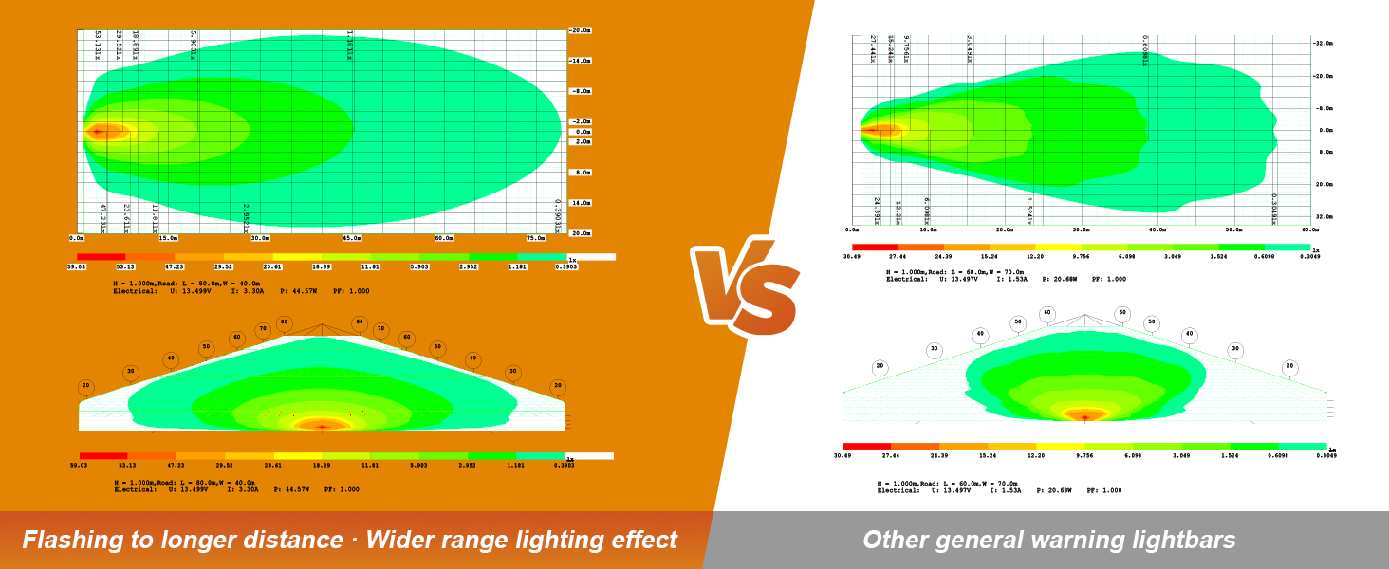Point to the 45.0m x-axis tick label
coord(352,238)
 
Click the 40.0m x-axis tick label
coord(1157,229)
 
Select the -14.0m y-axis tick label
coord(580,61)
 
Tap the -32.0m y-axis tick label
coord(1323,44)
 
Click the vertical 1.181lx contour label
coord(349,45)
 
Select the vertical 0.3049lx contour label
coord(1273,209)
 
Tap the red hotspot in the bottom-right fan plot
coord(1084,415)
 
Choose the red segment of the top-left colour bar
coord(102,257)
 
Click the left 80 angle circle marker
coord(285,322)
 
